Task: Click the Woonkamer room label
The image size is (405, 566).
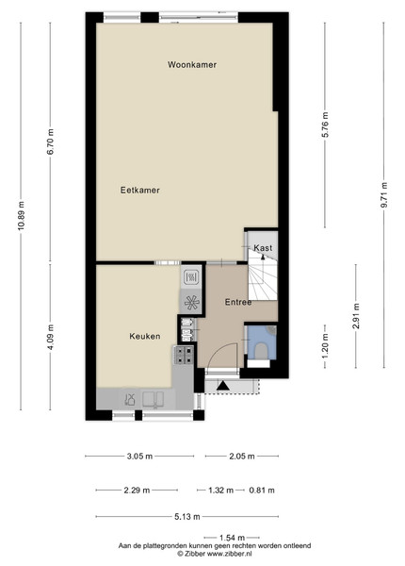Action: tap(192, 64)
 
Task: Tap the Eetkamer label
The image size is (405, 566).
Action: tap(140, 191)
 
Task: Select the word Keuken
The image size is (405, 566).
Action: tap(145, 337)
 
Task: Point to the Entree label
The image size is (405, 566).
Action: tap(238, 302)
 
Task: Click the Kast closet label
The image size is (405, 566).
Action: tap(263, 248)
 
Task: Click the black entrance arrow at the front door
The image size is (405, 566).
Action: tap(223, 386)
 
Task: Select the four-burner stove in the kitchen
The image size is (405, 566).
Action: tap(184, 356)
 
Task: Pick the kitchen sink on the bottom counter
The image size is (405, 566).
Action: tap(154, 399)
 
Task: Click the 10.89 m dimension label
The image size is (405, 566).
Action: tap(22, 216)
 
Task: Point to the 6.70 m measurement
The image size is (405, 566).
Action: tap(51, 141)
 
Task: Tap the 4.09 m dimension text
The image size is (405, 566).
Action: tap(51, 337)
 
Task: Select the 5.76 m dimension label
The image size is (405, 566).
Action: tap(325, 125)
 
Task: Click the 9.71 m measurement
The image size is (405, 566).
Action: tap(384, 195)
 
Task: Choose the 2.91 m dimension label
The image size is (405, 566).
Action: tap(356, 316)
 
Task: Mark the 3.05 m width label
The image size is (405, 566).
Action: tap(139, 457)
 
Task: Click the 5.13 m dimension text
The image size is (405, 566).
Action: tap(187, 517)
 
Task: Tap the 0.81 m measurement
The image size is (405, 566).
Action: tap(262, 491)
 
